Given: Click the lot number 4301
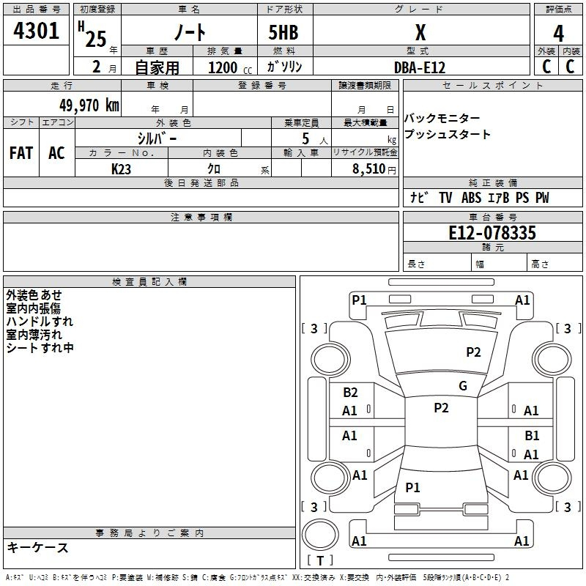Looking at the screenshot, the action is [36, 31].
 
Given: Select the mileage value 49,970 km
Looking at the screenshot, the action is [89, 105].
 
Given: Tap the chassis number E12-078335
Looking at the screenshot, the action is [492, 233].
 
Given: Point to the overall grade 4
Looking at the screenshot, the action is [558, 34].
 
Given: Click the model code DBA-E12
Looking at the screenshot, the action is [420, 67].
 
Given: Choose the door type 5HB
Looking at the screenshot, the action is [283, 32].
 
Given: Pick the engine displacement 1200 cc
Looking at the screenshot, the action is [230, 68].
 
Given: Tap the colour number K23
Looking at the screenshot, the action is [121, 169].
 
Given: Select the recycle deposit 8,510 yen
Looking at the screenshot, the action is [374, 169].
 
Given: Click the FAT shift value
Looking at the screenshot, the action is [21, 153].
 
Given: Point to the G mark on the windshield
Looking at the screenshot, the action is [463, 385].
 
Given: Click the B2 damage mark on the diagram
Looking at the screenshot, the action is [350, 392].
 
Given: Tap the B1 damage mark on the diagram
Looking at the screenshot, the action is [532, 435].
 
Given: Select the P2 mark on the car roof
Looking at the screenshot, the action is [441, 408].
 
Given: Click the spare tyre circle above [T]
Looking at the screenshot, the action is [320, 535].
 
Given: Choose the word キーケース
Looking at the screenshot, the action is [38, 547].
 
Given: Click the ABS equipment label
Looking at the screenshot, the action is [471, 198].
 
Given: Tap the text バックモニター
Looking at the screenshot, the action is [442, 118].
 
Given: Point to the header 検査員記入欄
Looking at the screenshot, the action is [149, 282].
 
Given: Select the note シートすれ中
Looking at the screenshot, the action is [40, 348].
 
